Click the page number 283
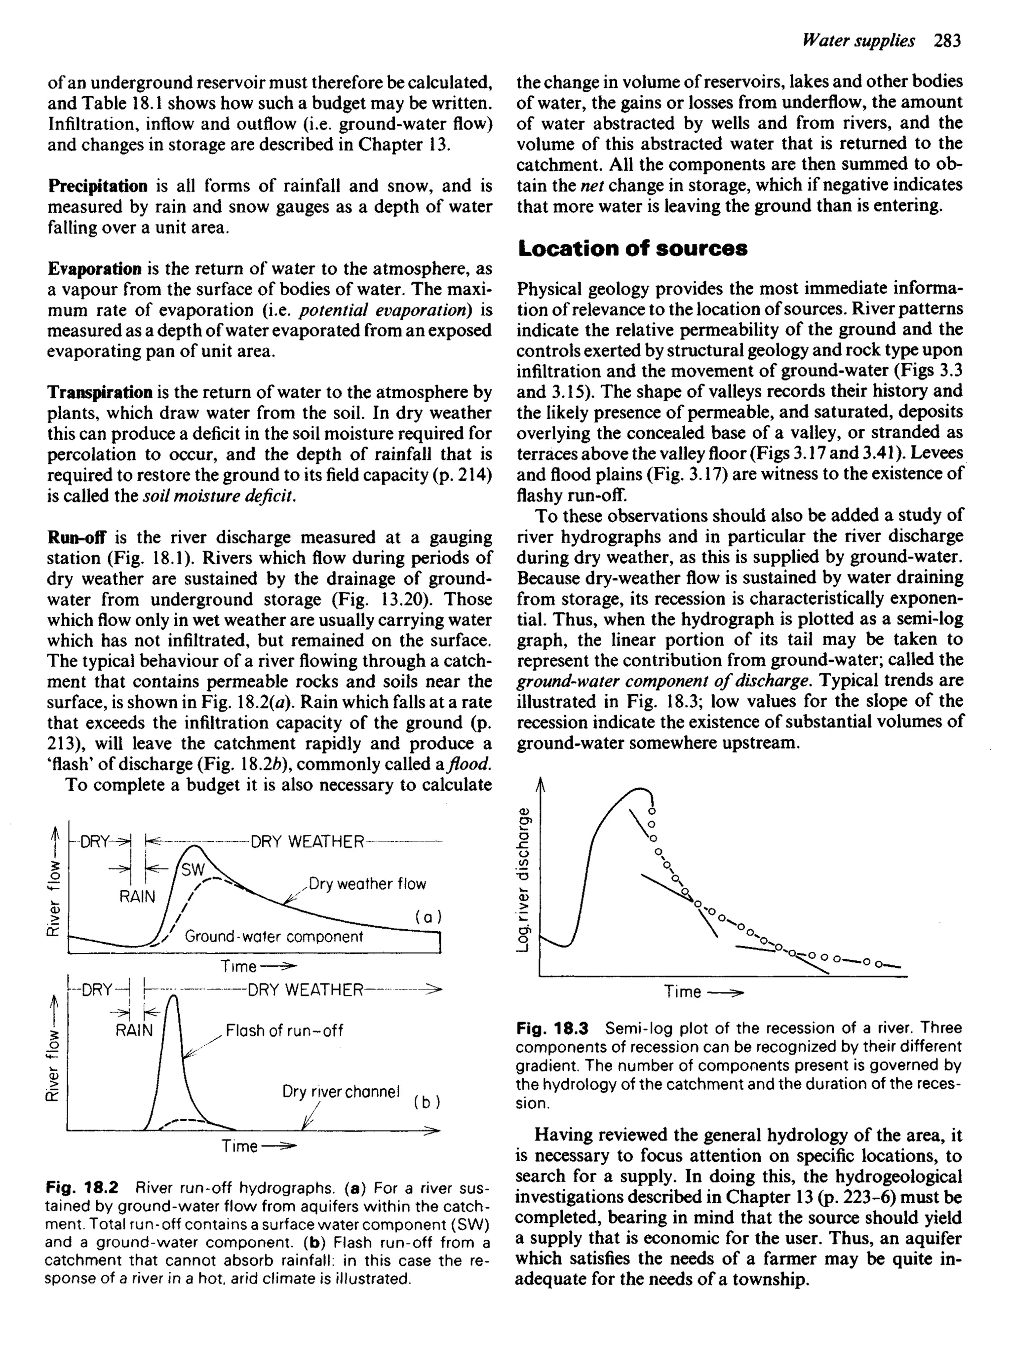[x=948, y=41]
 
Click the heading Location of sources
[x=632, y=249]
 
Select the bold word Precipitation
[x=97, y=186]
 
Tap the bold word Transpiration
[x=100, y=392]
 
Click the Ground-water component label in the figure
[x=273, y=936]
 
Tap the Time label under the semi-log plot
[x=682, y=991]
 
